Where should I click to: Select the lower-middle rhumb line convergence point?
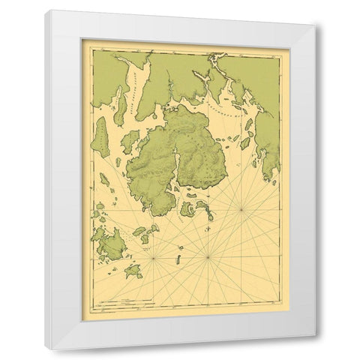pyautogui.click(x=208, y=258)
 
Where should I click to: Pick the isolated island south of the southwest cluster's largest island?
pyautogui.click(x=133, y=271)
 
